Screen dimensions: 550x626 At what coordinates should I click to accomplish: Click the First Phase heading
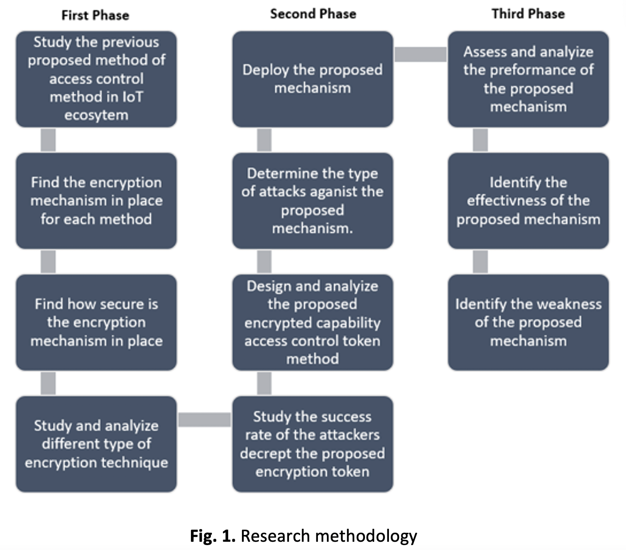[95, 15]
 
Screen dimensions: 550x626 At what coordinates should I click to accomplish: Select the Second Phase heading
[313, 14]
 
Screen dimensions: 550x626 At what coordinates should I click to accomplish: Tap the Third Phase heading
[528, 14]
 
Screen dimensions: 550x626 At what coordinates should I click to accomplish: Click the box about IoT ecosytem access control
[96, 79]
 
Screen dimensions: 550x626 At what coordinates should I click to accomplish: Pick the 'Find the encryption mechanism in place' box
[96, 201]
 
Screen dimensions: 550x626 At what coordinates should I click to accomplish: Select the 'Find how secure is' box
[96, 322]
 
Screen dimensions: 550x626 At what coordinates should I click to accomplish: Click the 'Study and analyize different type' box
[96, 444]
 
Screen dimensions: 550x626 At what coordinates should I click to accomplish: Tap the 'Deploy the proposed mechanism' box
[313, 79]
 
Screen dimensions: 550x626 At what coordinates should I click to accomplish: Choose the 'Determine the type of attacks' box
[313, 201]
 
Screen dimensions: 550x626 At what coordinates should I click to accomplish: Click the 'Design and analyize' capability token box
[313, 322]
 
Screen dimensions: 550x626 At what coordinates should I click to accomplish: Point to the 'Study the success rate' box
[313, 444]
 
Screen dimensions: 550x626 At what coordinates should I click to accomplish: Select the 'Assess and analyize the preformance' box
[528, 79]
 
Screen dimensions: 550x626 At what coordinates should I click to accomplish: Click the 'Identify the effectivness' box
[528, 201]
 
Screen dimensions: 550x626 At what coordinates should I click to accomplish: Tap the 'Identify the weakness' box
[528, 322]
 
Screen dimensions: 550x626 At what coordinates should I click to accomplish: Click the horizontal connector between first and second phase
[204, 420]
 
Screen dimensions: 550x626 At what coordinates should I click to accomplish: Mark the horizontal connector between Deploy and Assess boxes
[420, 54]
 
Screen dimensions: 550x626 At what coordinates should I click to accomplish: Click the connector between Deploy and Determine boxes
[264, 140]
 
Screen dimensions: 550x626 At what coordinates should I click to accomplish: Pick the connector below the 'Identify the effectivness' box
[480, 261]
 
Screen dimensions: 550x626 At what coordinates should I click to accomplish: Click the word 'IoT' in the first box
[133, 97]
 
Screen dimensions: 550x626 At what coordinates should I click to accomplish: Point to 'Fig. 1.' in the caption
[212, 536]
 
